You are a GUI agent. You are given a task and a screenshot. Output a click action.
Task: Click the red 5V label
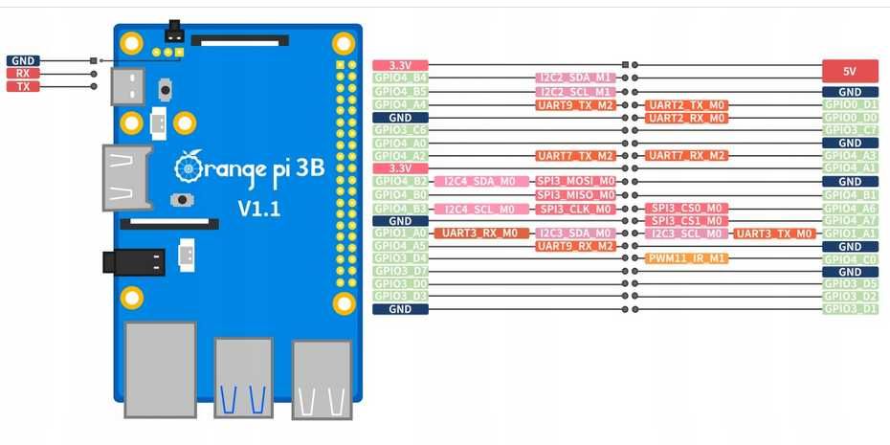click(x=851, y=71)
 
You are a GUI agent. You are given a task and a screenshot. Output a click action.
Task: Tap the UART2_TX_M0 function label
click(x=687, y=104)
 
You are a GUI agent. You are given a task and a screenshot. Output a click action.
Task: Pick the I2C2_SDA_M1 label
click(x=574, y=78)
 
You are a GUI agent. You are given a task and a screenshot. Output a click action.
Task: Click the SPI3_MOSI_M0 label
click(x=575, y=181)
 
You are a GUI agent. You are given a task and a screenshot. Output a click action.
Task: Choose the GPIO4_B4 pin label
click(x=400, y=78)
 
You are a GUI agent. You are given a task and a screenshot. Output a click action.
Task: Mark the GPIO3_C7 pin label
click(x=851, y=129)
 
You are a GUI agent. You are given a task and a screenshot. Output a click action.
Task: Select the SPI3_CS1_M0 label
click(x=687, y=220)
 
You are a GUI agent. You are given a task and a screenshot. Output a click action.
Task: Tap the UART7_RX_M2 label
click(x=687, y=155)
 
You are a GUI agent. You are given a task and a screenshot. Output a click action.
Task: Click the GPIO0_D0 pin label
click(x=851, y=117)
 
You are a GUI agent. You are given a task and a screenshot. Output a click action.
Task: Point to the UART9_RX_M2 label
click(x=574, y=246)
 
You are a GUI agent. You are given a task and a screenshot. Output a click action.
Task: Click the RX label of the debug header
click(x=23, y=73)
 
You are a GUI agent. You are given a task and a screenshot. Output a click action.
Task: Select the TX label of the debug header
click(x=23, y=86)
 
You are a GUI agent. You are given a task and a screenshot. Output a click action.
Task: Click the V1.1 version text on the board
click(x=258, y=208)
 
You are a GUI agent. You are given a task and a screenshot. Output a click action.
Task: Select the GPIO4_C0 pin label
click(x=851, y=258)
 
